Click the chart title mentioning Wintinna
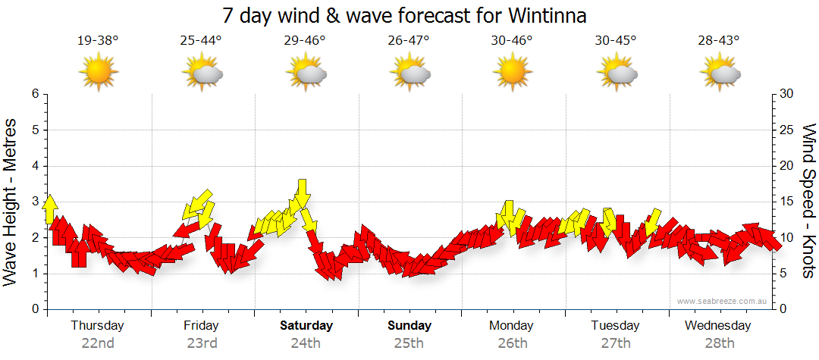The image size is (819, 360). tap(405, 15)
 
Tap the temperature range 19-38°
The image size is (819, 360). tap(98, 40)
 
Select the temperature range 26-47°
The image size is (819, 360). tap(408, 40)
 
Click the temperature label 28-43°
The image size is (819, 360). tap(718, 40)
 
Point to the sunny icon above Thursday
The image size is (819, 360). tap(99, 72)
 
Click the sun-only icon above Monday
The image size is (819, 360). tap(512, 72)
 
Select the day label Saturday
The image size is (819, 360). tap(306, 326)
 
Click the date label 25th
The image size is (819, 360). tap(409, 343)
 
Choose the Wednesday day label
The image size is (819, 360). tap(717, 326)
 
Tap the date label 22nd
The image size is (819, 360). tap(98, 343)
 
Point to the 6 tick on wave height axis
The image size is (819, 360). tap(34, 94)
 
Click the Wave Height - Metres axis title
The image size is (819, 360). tap(11, 202)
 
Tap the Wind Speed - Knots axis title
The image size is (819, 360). tap(808, 202)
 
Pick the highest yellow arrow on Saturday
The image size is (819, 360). tap(302, 193)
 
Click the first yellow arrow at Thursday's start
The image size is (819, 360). tap(50, 208)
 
